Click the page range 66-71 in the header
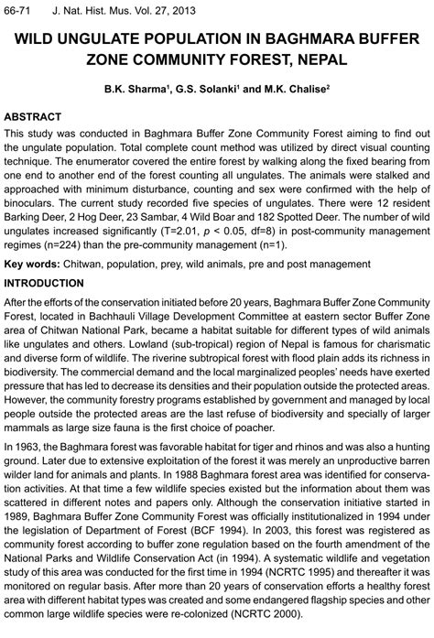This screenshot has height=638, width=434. tap(18, 10)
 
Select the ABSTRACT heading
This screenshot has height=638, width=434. tap(33, 118)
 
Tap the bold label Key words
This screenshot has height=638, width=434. tap(31, 265)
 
